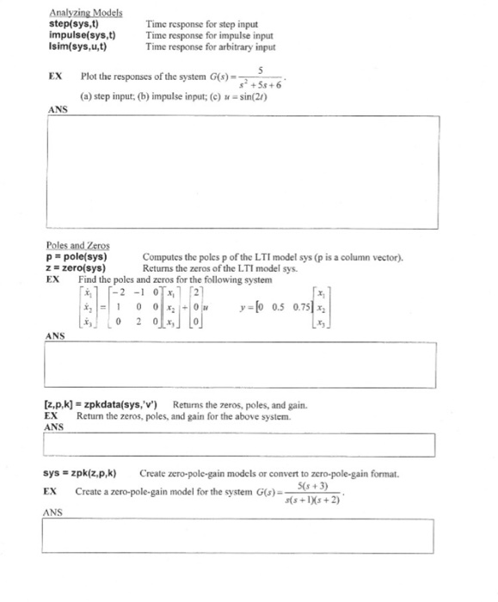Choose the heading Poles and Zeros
78,244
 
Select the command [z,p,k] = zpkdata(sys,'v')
103,404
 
